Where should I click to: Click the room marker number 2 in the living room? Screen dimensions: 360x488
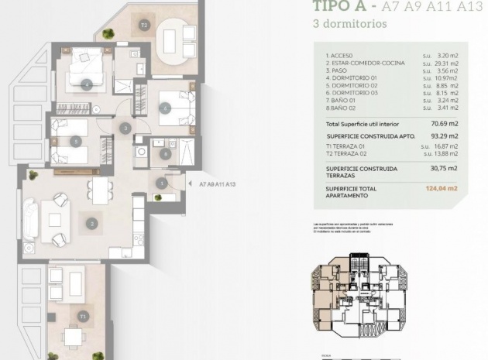click(x=91, y=224)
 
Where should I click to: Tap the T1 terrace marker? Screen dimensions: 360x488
click(x=82, y=317)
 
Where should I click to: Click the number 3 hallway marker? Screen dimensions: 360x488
click(x=125, y=129)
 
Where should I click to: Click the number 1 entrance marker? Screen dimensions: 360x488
click(x=160, y=183)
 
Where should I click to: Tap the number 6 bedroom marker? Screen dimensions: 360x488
click(x=165, y=109)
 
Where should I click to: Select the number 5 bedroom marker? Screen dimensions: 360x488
click(x=75, y=141)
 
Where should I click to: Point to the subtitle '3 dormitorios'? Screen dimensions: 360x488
click(x=349, y=24)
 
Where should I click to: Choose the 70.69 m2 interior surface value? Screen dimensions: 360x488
click(x=445, y=123)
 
